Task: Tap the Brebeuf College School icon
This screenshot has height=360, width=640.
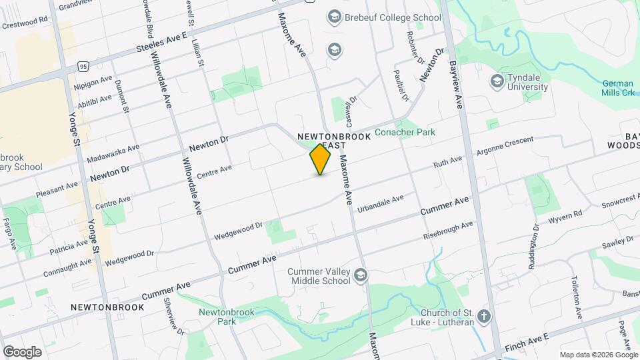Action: point(334,17)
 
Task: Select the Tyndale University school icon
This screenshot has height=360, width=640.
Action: point(497,81)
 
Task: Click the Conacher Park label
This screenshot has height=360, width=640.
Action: point(405,132)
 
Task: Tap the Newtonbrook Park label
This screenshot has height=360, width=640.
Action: point(217,316)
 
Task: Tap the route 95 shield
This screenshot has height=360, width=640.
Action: point(83,66)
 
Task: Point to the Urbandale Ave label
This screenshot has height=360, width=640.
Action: point(381,203)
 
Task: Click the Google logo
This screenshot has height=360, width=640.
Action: point(22,351)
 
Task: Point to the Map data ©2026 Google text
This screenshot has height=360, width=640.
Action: point(599,355)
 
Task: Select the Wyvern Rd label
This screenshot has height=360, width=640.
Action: point(567,216)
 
